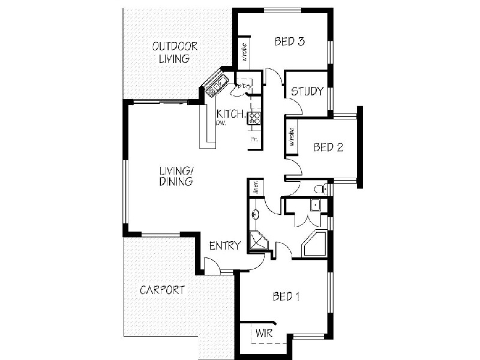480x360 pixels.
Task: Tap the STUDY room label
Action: pyautogui.click(x=307, y=92)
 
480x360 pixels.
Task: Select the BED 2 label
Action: pyautogui.click(x=328, y=148)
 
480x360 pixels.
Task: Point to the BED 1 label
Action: pyautogui.click(x=286, y=296)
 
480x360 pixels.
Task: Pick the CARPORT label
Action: pyautogui.click(x=162, y=290)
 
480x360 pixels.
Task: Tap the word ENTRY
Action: pyautogui.click(x=224, y=245)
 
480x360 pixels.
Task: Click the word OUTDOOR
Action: pyautogui.click(x=175, y=46)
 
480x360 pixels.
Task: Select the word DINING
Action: pyautogui.click(x=176, y=181)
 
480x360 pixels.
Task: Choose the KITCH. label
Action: pyautogui.click(x=231, y=114)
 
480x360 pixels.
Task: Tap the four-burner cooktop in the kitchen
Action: pyautogui.click(x=254, y=118)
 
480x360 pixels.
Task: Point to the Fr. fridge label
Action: pyautogui.click(x=254, y=139)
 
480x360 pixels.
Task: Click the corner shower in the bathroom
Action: pyautogui.click(x=259, y=242)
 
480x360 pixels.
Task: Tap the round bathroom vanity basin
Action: pyautogui.click(x=256, y=214)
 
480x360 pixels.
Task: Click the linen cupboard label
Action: pyautogui.click(x=255, y=187)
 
